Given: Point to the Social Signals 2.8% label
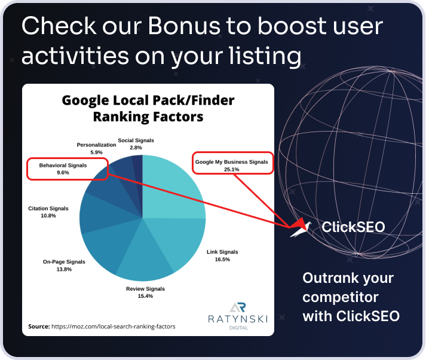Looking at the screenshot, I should point(136,144).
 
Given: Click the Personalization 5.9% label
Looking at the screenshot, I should point(96,149).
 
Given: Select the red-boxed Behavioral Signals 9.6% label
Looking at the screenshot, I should point(67,168).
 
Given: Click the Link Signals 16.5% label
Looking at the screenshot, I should point(222,255).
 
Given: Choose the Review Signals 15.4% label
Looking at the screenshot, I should point(145,292).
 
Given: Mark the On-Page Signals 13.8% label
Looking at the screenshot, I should point(64,266).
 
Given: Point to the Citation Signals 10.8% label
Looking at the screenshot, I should point(48,212).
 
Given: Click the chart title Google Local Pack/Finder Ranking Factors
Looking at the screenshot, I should point(148,108).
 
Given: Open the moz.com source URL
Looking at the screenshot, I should point(114,327).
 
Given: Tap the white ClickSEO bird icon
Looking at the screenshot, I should point(302,227).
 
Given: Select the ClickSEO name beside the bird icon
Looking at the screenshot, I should point(353,227).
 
